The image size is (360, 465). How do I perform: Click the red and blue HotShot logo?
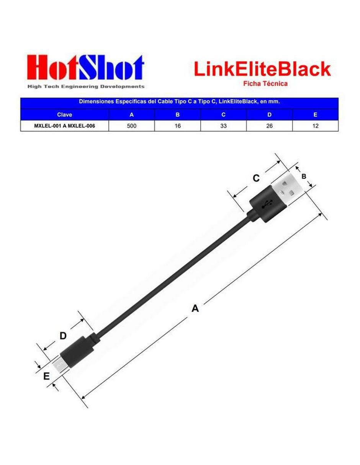coord(86,67)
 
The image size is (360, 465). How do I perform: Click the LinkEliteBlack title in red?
coord(262,69)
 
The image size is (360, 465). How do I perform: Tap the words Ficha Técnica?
coord(265,83)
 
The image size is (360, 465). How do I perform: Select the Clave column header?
coord(64,115)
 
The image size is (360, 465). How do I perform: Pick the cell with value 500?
coord(131,126)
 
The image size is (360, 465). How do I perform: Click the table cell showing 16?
coord(177,126)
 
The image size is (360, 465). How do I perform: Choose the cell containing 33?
coord(223,126)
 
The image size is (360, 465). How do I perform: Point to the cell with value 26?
coord(269,126)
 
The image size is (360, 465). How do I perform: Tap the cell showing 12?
coord(315,126)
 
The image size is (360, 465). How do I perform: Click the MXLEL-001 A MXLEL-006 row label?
coord(64,126)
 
